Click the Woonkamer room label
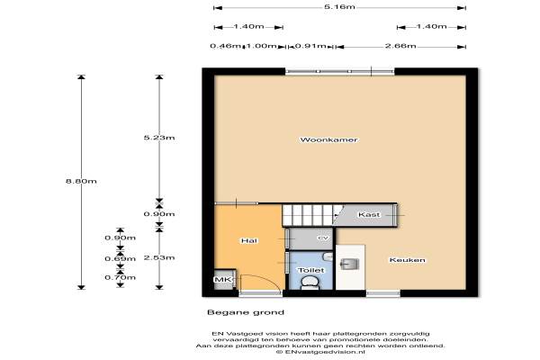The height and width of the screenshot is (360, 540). click(328, 139)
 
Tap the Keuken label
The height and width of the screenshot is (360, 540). click(407, 260)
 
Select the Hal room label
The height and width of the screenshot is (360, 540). click(249, 240)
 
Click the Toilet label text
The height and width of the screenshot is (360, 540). click(311, 270)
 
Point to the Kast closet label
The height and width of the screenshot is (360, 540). click(369, 214)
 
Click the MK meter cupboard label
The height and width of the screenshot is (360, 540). click(223, 279)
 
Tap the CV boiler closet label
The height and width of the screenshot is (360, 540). click(323, 238)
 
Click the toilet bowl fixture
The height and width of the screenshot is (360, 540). click(311, 283)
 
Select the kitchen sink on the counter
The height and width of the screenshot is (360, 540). click(350, 265)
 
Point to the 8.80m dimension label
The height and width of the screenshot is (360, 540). click(81, 181)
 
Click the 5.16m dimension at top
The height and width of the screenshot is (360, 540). click(339, 6)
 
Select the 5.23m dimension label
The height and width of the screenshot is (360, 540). click(159, 138)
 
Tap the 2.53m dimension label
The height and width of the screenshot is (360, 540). click(159, 257)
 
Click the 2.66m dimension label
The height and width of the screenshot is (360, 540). click(400, 46)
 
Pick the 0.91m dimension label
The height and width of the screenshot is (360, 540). click(310, 46)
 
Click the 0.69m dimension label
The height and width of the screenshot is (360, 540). click(121, 258)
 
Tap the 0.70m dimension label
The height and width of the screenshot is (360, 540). click(121, 277)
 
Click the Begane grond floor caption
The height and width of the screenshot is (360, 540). click(246, 312)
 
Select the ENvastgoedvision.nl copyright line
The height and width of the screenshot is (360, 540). click(320, 352)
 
